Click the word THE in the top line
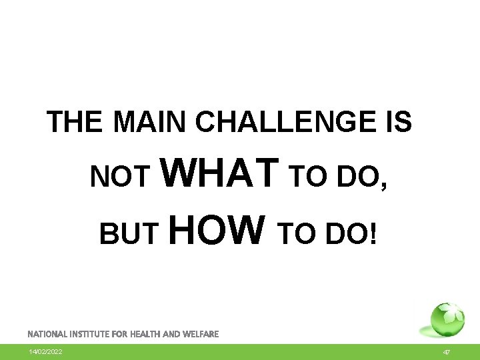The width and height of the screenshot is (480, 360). pyautogui.click(x=75, y=122)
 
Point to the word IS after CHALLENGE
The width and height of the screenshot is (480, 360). pyautogui.click(x=397, y=122)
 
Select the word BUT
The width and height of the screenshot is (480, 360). pyautogui.click(x=129, y=233)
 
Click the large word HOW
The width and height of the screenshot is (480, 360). pyautogui.click(x=217, y=229)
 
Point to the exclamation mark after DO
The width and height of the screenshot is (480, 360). pyautogui.click(x=373, y=233)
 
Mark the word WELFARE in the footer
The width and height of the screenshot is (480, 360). pyautogui.click(x=200, y=333)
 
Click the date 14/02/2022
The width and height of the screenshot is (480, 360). pyautogui.click(x=45, y=351)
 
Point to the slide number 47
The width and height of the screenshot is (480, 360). pyautogui.click(x=447, y=351)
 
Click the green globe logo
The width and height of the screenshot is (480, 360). pyautogui.click(x=446, y=320)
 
